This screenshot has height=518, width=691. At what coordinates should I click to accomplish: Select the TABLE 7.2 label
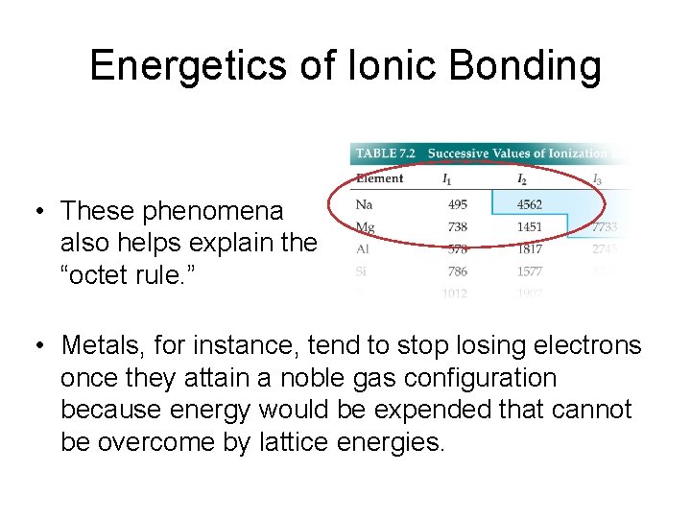pos(386,153)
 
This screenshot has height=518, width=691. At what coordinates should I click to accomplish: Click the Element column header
pos(379,178)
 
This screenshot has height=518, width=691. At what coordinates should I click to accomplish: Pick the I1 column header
pos(447,178)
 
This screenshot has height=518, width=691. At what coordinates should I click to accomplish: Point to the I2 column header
pos(522,178)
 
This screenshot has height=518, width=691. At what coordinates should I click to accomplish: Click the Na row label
pos(364,203)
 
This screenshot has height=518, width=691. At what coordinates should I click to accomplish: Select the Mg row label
pos(365,227)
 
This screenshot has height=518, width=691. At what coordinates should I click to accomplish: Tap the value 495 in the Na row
pos(457,203)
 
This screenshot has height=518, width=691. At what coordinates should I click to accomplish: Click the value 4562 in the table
pos(529,203)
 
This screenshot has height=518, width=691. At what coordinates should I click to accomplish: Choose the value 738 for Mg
pos(457,227)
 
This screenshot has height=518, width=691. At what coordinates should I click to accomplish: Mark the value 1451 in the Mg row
pos(529,227)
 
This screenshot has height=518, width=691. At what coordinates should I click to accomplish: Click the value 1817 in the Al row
pos(529,249)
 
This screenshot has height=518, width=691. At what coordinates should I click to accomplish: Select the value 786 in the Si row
pos(457,271)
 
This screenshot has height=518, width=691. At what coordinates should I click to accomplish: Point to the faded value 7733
pos(604,227)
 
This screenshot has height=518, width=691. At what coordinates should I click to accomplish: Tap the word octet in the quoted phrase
pos(103,275)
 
